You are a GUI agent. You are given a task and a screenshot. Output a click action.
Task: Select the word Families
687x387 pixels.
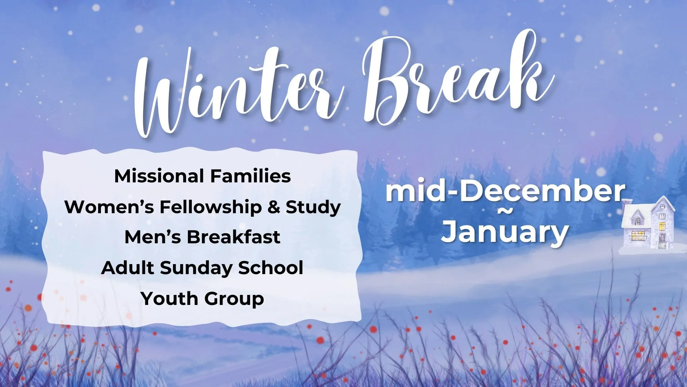click(250, 176)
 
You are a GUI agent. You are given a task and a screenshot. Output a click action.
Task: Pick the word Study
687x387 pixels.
click(313, 207)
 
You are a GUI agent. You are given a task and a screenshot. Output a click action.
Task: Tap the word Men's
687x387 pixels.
click(153, 237)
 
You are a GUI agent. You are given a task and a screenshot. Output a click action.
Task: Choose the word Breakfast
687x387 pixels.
click(233, 237)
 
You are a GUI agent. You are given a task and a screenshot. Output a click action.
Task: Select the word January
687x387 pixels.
click(505, 232)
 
